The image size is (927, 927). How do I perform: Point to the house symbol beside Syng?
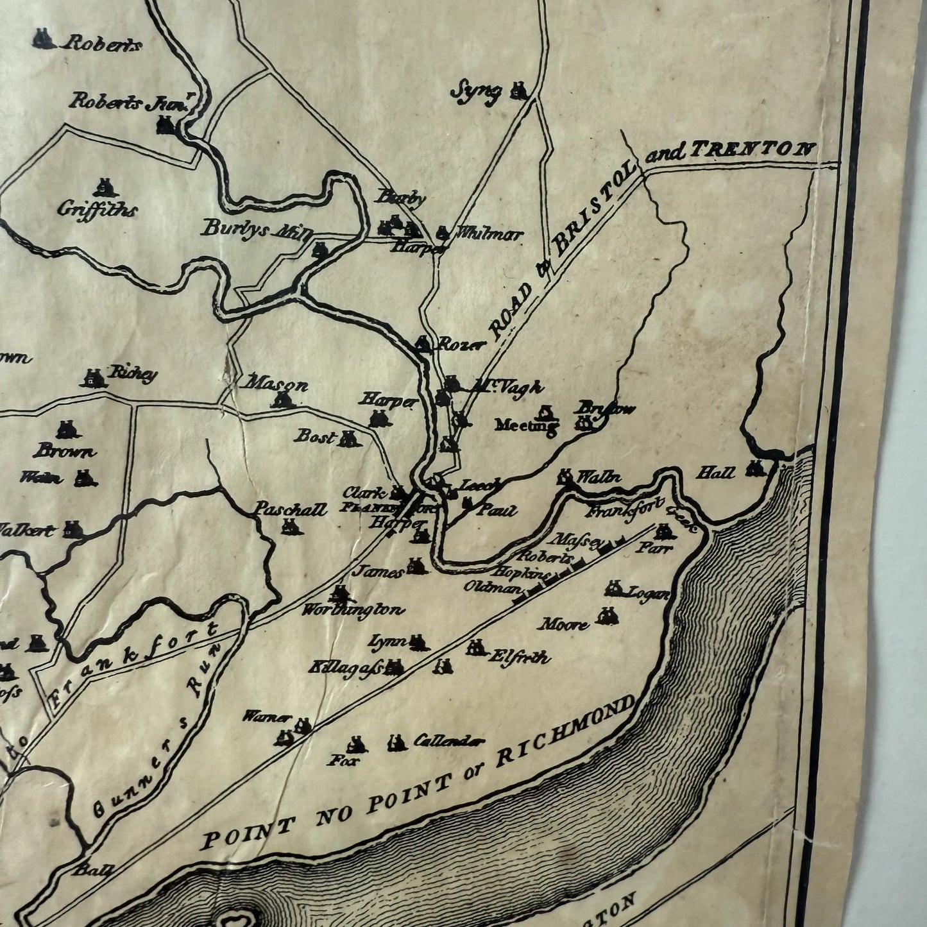(518, 91)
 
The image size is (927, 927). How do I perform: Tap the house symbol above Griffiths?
(103, 187)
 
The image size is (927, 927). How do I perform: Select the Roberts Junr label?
(129, 103)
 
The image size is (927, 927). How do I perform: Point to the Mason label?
(276, 385)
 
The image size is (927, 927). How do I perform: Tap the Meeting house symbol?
(546, 411)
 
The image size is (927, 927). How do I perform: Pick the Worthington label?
(354, 609)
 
